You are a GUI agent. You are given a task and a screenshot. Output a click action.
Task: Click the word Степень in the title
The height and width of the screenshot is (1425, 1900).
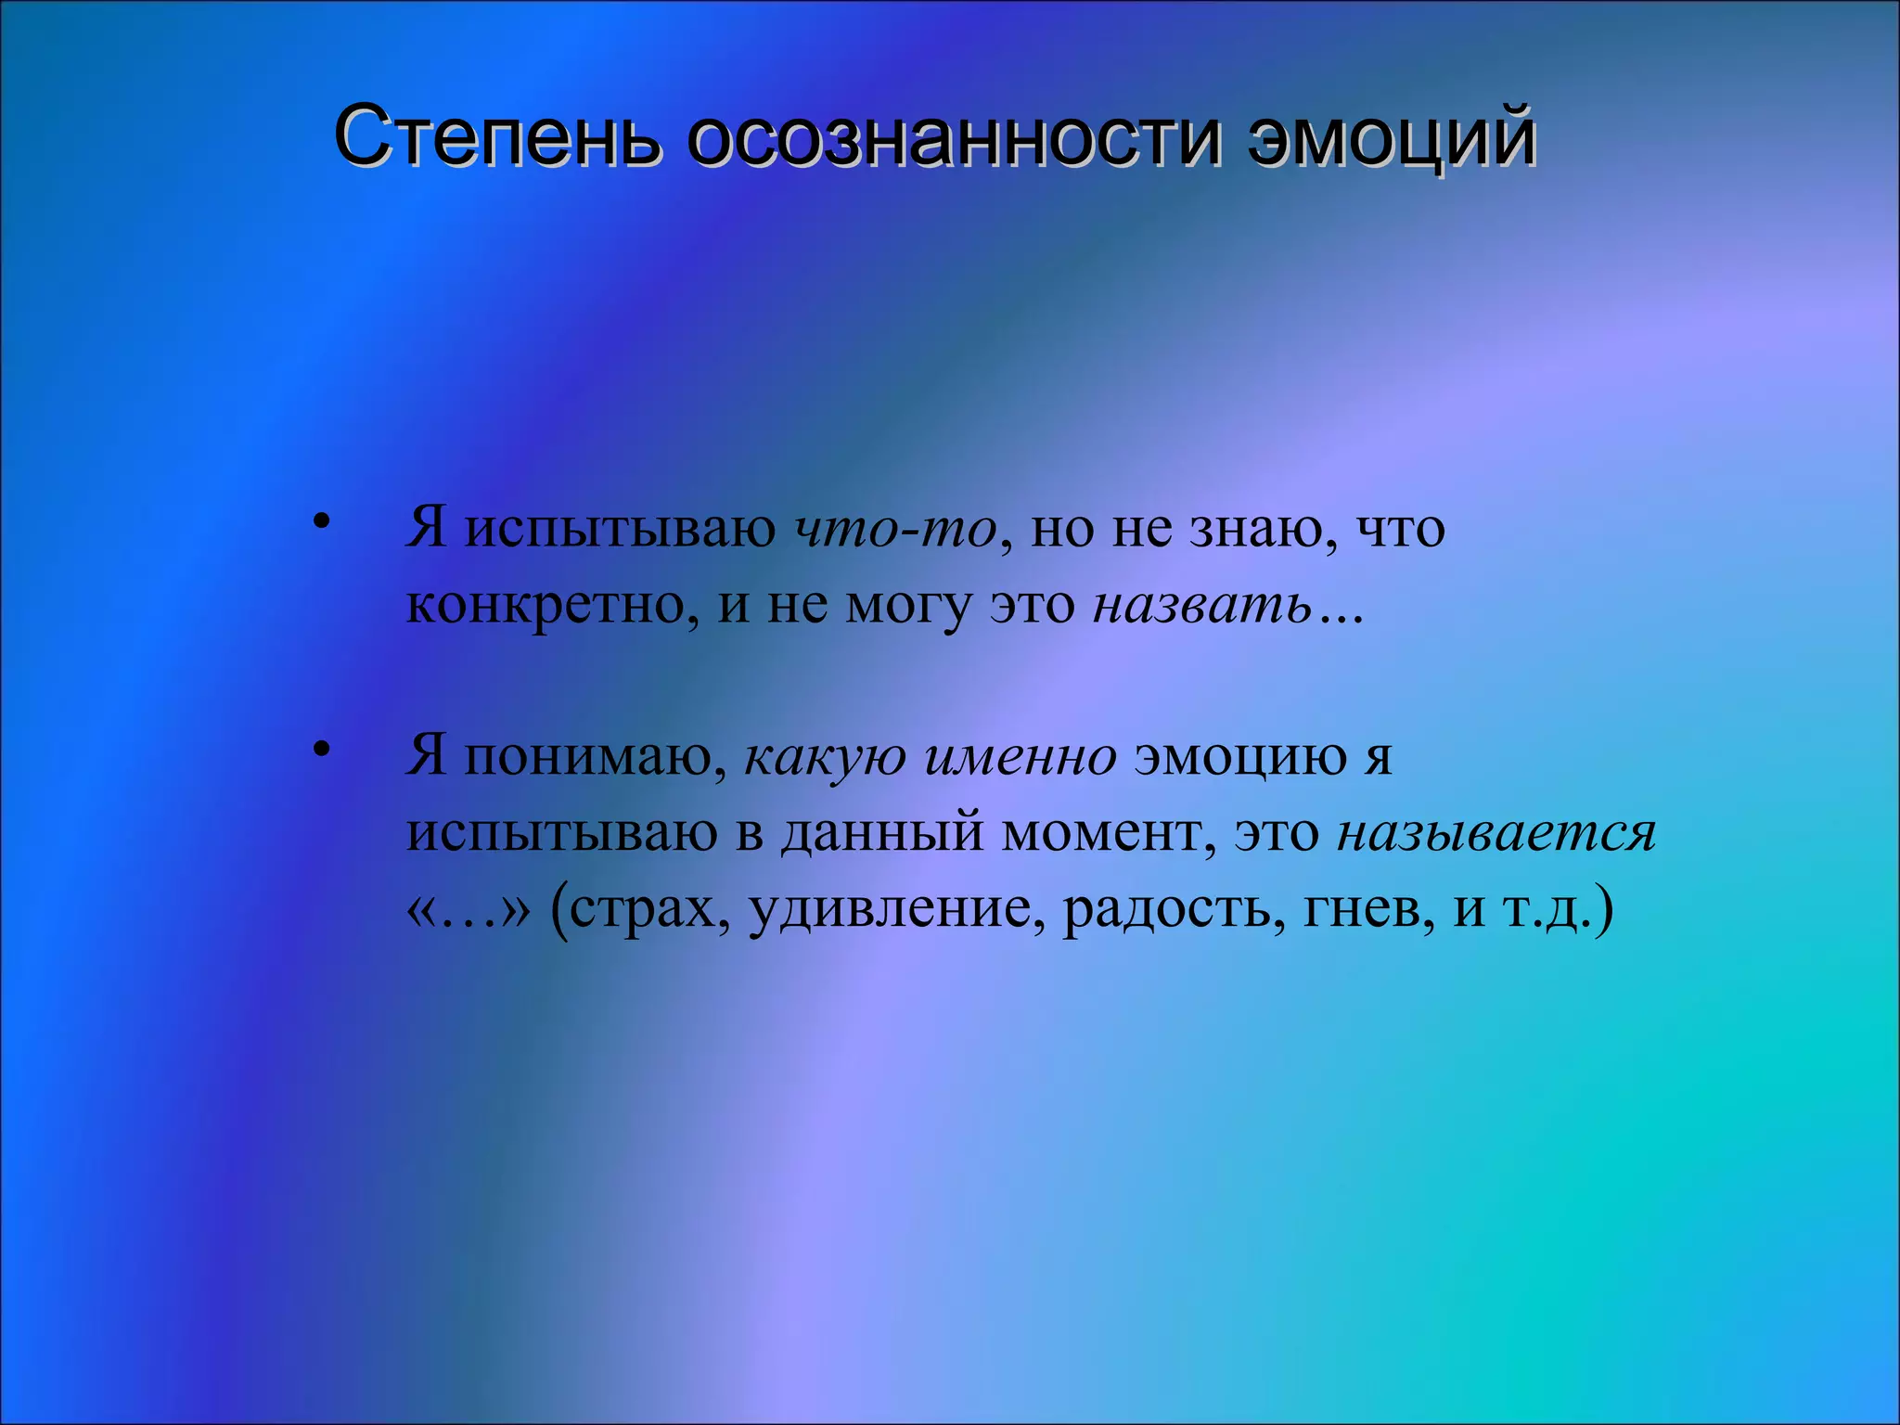[498, 137]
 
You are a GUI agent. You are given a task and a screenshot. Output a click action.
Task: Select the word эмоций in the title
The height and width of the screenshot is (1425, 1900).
[1391, 137]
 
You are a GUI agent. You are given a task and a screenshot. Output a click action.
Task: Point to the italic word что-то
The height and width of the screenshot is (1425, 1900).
[895, 529]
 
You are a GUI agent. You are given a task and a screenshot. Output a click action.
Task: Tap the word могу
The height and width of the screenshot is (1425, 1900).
[907, 607]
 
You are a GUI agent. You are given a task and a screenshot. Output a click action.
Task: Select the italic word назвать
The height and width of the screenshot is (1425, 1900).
[1202, 605]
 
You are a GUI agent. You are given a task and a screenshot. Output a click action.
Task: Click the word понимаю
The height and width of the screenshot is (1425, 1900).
[595, 756]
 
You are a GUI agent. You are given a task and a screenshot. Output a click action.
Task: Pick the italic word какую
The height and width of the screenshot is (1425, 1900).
[825, 756]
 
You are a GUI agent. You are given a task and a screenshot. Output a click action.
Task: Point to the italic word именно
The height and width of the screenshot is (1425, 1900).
[1021, 756]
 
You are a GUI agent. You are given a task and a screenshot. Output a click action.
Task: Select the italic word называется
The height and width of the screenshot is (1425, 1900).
[1496, 832]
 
